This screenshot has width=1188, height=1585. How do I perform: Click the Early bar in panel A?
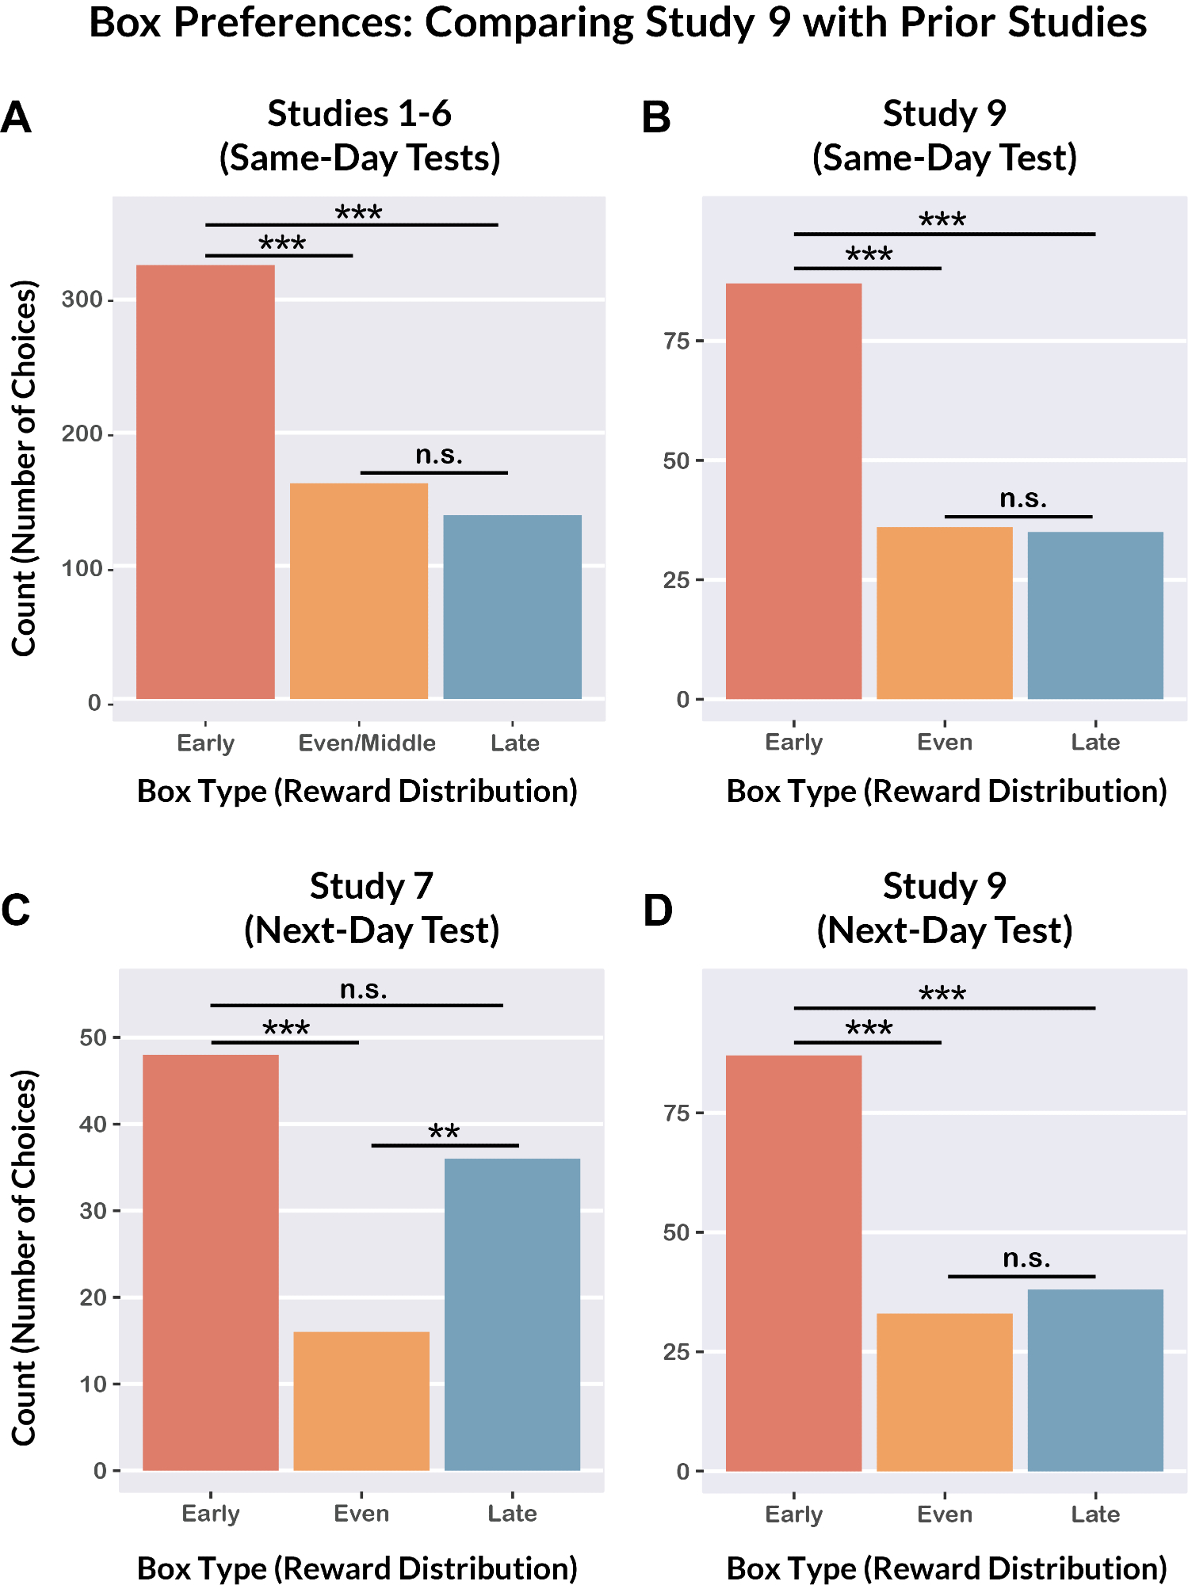205,482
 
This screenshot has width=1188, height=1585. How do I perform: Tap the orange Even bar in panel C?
361,1400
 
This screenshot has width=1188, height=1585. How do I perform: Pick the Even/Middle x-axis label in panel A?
367,743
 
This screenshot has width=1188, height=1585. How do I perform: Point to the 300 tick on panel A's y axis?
82,300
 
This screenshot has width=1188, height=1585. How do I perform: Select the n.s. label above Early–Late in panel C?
364,990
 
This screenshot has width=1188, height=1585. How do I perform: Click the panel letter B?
656,118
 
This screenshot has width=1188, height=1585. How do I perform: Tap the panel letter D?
658,911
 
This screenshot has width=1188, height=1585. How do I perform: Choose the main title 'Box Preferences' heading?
617,23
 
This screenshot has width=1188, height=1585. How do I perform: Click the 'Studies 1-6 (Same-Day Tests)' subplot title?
360,136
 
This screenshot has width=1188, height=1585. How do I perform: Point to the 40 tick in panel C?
94,1124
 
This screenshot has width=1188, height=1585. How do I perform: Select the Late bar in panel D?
1095,1380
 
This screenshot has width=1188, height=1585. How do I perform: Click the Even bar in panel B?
945,613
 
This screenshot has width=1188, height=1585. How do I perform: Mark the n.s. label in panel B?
1023,498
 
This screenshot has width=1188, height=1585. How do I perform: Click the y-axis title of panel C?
25,1258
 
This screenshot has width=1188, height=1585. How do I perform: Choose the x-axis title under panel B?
946,792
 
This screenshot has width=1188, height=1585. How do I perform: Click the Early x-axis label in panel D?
793,1514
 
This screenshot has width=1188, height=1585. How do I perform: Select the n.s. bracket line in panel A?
434,473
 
